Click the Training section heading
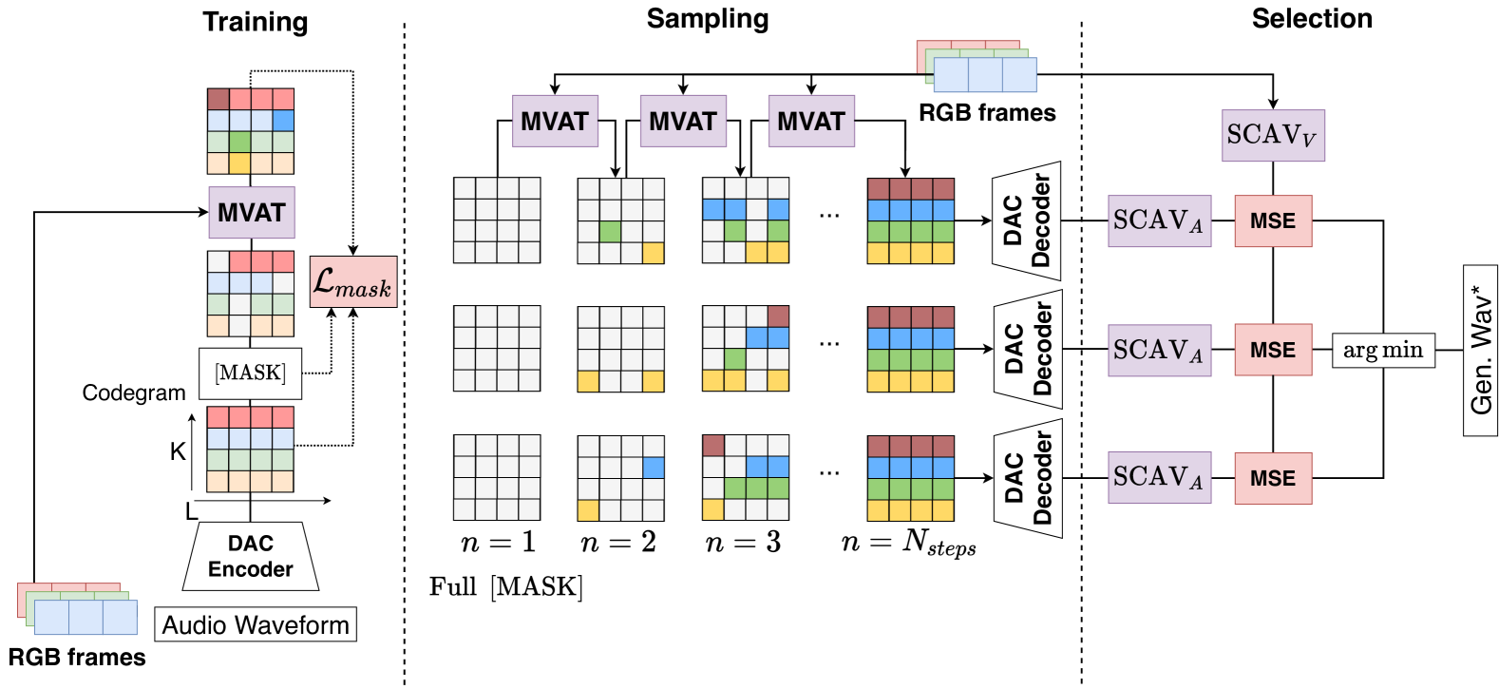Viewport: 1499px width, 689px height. coord(255,22)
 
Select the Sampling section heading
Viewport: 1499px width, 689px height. coord(708,19)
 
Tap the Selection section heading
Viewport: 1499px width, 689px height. coord(1311,19)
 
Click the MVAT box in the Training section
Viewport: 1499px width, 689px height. coord(252,212)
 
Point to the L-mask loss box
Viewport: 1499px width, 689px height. coord(352,281)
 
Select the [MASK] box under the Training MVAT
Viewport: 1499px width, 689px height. coord(250,373)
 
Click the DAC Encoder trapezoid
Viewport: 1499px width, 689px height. coord(250,556)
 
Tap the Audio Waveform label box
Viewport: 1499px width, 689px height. coord(256,624)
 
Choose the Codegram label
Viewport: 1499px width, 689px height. coord(134,393)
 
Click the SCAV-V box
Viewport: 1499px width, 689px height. coord(1272,135)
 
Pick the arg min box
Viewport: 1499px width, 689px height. coord(1382,350)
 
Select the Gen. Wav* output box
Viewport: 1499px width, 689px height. coord(1480,350)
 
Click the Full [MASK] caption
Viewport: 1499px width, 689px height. coord(506,586)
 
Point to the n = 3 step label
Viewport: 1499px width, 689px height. coord(743,543)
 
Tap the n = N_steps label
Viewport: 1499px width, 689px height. coord(908,543)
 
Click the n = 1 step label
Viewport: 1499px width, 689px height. coord(497,543)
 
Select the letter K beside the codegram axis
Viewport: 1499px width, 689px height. coord(178,451)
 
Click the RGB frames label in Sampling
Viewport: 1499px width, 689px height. coord(987,113)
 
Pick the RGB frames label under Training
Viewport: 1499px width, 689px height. coord(77,658)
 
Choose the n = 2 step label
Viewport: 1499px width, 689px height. coord(618,543)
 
